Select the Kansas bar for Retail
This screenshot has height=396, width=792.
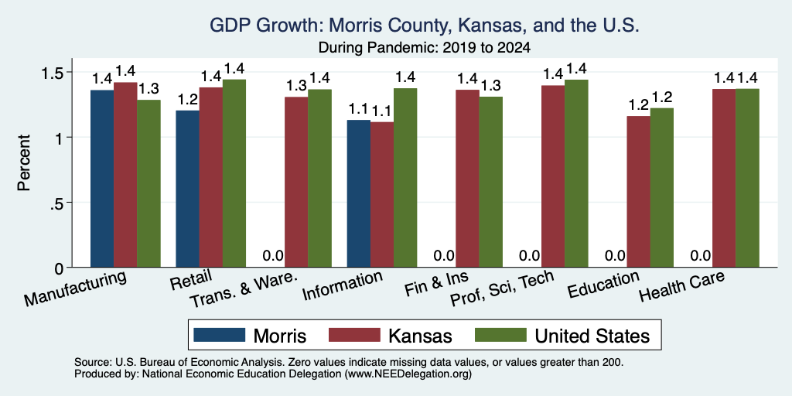211,177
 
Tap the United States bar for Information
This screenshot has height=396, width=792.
405,178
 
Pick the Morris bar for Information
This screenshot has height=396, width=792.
359,193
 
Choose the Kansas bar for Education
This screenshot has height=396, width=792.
638,192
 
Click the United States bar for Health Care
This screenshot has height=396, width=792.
748,179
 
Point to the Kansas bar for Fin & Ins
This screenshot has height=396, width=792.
467,179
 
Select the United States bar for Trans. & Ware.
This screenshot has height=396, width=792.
319,179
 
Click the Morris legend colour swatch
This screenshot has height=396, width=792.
219,335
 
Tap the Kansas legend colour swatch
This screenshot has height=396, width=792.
354,335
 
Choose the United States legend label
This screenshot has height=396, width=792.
592,336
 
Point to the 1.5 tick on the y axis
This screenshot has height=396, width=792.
68,72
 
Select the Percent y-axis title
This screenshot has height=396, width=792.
24,162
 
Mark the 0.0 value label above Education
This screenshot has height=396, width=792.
615,255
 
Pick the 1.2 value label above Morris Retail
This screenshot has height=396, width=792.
187,100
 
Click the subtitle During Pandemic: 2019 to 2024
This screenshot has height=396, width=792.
425,48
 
